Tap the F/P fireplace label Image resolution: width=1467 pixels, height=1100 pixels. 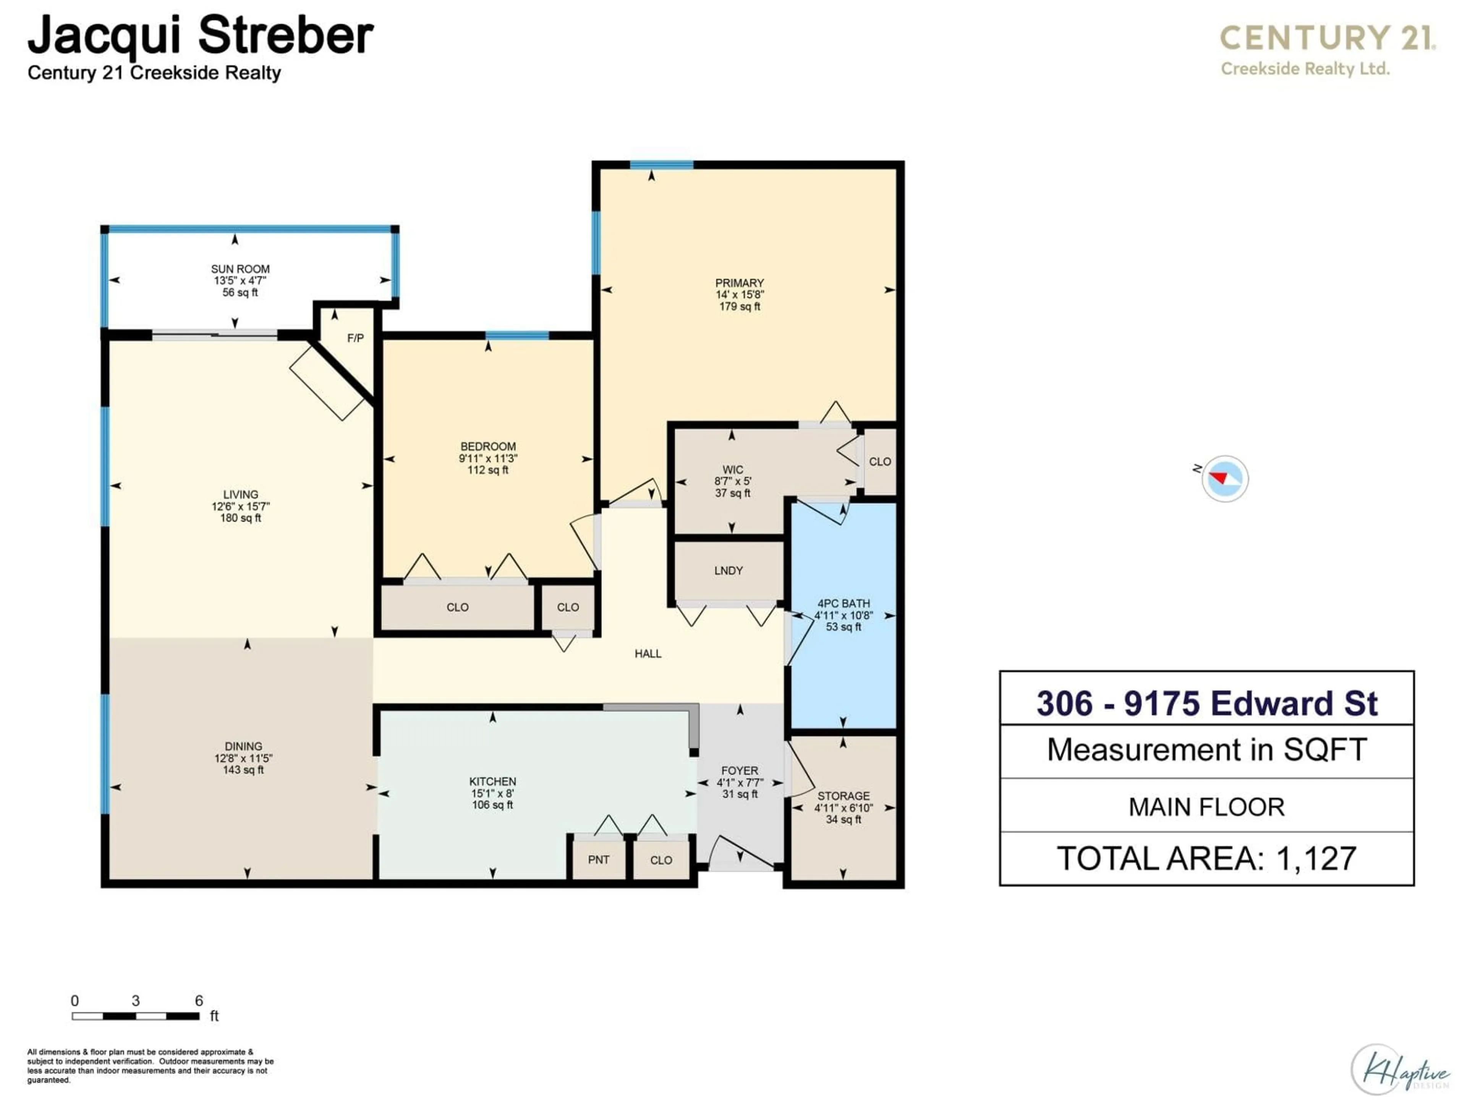pyautogui.click(x=355, y=338)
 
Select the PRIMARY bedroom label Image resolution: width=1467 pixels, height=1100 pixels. pyautogui.click(x=740, y=283)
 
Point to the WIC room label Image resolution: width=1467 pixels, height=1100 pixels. pyautogui.click(x=733, y=469)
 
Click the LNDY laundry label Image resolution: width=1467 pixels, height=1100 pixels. pyautogui.click(x=728, y=570)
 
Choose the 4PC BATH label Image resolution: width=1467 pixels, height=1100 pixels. pyautogui.click(x=843, y=603)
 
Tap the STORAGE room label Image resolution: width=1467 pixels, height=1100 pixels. pyautogui.click(x=843, y=796)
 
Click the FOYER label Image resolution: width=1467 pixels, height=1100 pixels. pyautogui.click(x=740, y=770)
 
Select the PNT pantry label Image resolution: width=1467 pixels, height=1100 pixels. pyautogui.click(x=598, y=859)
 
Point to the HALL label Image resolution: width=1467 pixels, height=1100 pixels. pyautogui.click(x=648, y=654)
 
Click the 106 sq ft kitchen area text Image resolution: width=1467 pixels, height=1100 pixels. pyautogui.click(x=492, y=805)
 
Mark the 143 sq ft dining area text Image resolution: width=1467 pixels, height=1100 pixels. pyautogui.click(x=243, y=770)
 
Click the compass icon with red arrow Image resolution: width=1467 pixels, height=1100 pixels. pyautogui.click(x=1224, y=478)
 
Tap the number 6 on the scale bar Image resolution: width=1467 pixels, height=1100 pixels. pyautogui.click(x=198, y=1001)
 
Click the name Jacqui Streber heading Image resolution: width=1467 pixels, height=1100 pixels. pyautogui.click(x=200, y=36)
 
